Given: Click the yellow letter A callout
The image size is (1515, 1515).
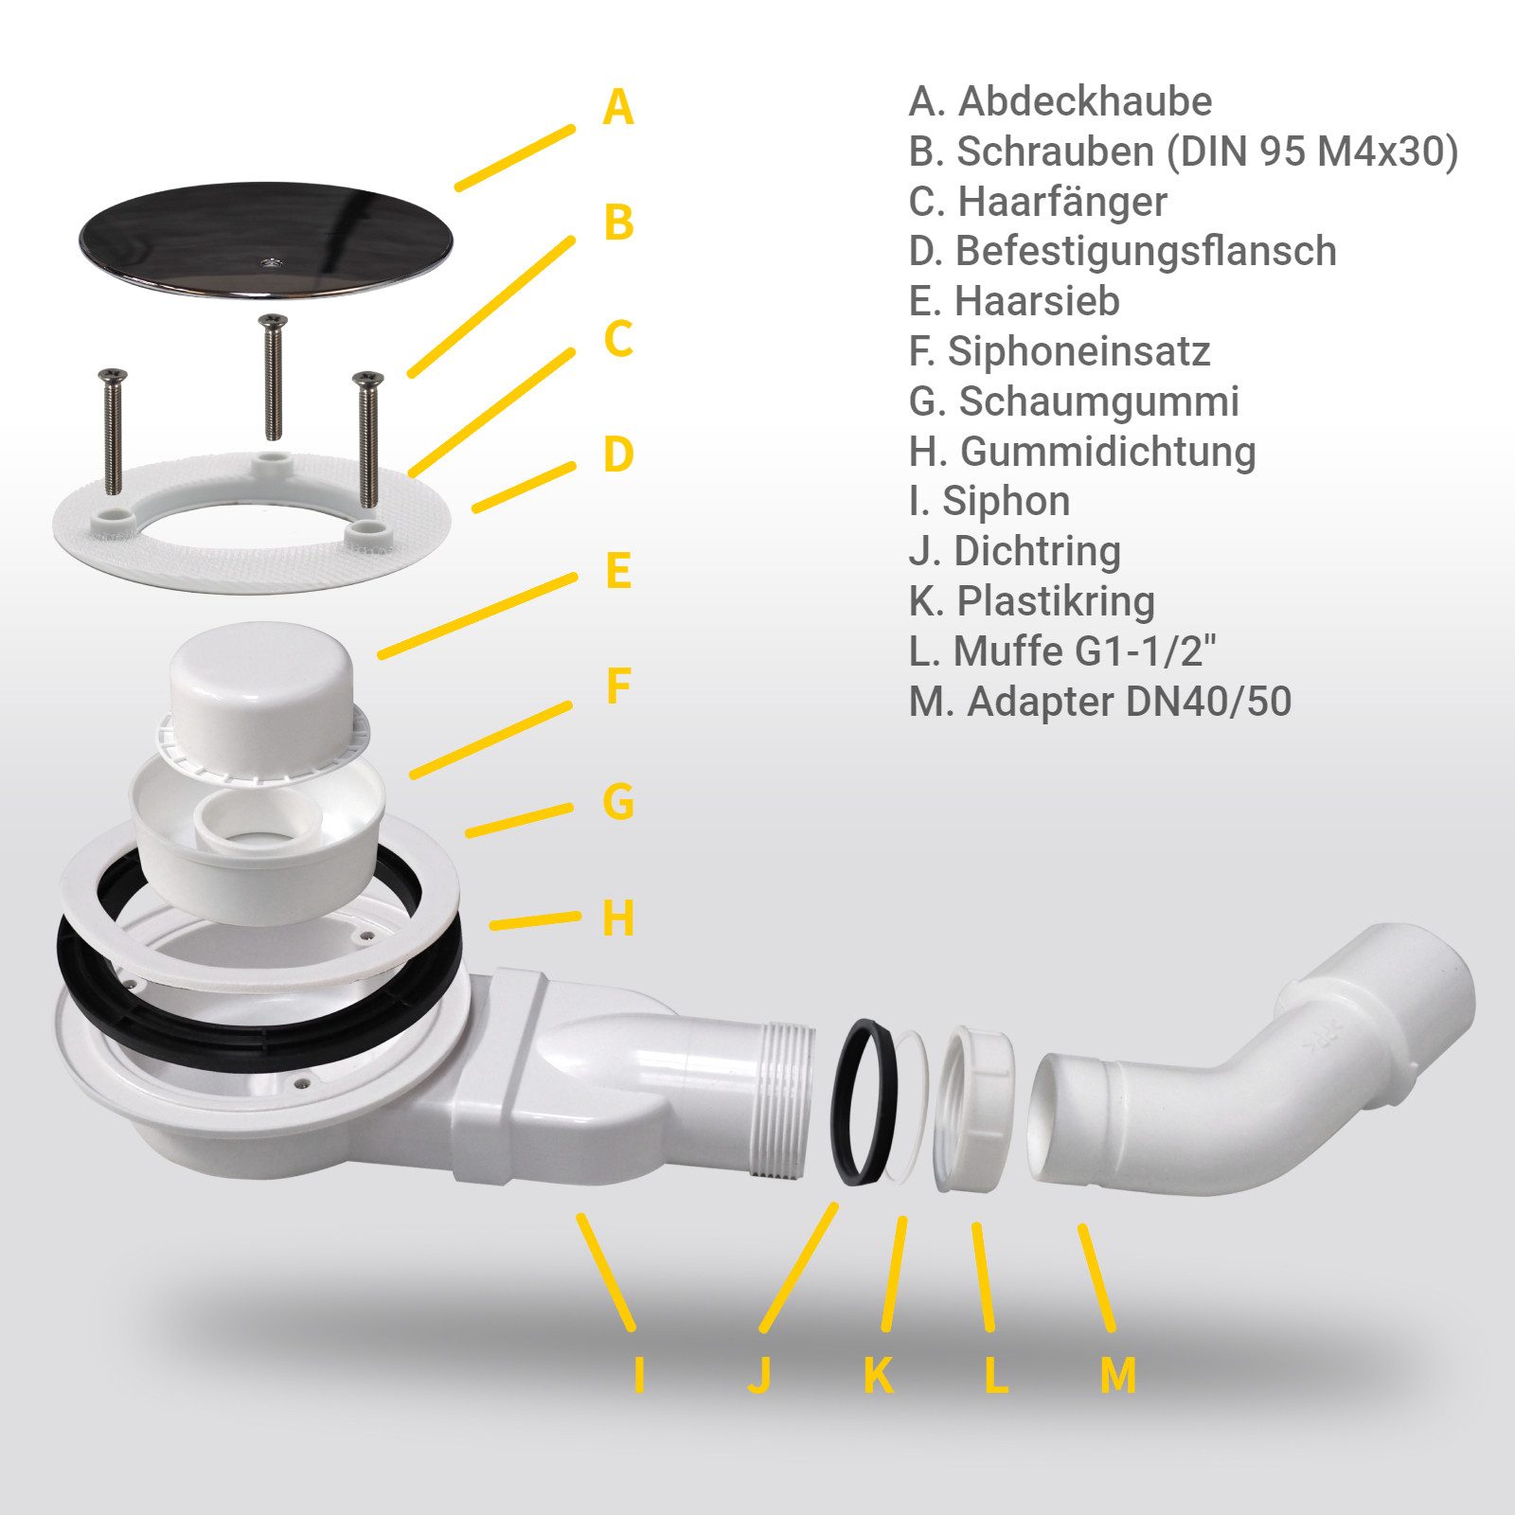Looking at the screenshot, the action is point(617,107).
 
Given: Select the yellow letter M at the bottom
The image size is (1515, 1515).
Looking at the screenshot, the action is point(1117,1375).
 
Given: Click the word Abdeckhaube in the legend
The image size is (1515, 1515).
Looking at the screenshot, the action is point(1085,101).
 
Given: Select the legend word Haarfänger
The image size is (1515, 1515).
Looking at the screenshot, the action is point(1062,202).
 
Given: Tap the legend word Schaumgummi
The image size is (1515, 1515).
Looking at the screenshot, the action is point(1099,401).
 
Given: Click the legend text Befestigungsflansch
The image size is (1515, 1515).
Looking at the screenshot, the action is point(1146,252).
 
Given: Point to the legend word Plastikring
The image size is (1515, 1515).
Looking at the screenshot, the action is point(1056,601).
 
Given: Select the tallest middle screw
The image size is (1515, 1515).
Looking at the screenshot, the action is point(273,376).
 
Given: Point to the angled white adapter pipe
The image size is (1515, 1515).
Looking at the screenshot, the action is point(1250,1060).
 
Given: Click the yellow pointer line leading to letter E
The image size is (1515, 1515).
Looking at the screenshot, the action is point(477,615).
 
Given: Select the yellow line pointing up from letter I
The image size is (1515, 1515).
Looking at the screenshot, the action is point(606,1271).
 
